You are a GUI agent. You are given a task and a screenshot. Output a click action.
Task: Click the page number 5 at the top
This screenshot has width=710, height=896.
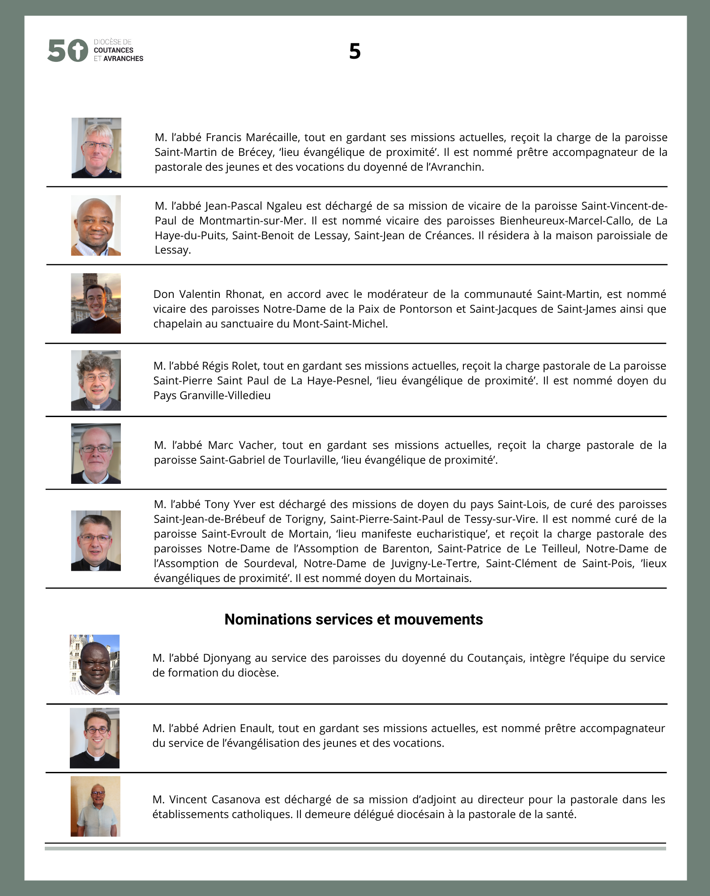(355, 52)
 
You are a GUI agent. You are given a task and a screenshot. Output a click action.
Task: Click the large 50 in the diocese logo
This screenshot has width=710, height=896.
(67, 50)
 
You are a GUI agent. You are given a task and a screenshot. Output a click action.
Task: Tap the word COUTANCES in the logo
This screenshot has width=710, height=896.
(113, 50)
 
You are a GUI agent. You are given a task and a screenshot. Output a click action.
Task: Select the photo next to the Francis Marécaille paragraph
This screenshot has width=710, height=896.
(96, 148)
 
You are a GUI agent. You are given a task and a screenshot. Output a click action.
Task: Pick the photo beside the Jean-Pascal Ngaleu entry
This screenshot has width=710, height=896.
(96, 225)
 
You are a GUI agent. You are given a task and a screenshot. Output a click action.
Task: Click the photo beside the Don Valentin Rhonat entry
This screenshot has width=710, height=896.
(96, 303)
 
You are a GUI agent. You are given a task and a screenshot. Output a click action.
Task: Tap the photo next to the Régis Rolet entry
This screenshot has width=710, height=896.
(96, 380)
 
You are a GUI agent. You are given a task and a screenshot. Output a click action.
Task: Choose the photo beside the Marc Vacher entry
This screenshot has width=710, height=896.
(96, 453)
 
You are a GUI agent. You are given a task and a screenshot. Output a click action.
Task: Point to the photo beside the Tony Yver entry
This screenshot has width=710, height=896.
(96, 540)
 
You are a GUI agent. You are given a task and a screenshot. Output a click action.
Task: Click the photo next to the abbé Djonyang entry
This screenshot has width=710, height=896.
(94, 665)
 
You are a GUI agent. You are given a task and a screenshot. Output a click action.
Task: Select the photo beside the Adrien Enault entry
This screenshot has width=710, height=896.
(94, 738)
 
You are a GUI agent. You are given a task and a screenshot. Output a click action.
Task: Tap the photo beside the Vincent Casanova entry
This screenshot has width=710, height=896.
(95, 806)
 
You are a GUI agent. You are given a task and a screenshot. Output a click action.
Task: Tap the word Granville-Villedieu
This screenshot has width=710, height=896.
(225, 396)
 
